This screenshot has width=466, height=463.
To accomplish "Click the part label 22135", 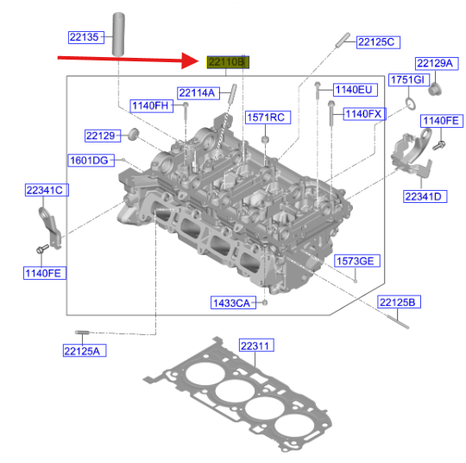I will (86, 37).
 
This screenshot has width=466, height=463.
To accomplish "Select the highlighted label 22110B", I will (227, 61).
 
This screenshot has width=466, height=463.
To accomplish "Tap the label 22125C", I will (375, 41).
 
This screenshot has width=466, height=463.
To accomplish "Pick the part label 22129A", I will (433, 63).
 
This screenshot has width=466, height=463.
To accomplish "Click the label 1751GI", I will (408, 79).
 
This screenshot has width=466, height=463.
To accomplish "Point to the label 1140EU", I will (354, 89).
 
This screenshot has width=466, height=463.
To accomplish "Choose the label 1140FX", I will (362, 113).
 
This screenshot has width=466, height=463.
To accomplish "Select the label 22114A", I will (198, 92).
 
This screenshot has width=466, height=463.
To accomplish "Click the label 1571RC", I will (265, 117).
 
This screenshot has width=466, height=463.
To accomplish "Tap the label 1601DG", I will (89, 160).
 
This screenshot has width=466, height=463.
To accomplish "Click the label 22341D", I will (424, 196).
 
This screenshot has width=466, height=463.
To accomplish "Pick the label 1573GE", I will (356, 261).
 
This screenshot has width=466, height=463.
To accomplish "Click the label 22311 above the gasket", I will (255, 346).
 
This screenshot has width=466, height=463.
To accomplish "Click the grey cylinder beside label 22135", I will (117, 35).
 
